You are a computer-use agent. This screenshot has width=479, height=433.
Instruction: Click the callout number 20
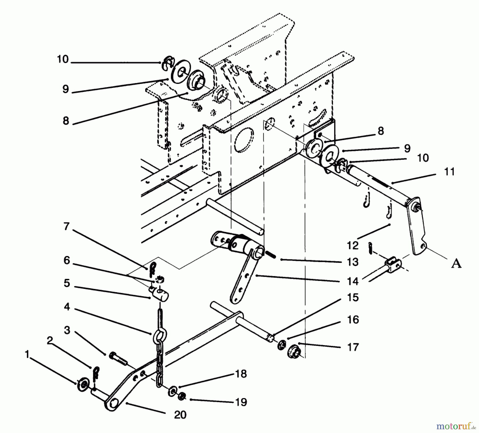tap(180, 415)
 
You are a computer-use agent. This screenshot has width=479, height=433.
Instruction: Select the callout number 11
tap(449, 171)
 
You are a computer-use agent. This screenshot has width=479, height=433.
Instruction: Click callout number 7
tap(66, 226)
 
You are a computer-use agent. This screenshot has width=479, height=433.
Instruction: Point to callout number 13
tap(353, 262)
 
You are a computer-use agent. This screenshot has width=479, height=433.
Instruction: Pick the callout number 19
tap(241, 402)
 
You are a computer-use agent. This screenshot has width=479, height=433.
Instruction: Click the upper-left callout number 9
tap(65, 89)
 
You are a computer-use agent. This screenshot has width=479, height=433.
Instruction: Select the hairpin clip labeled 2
tap(96, 373)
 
